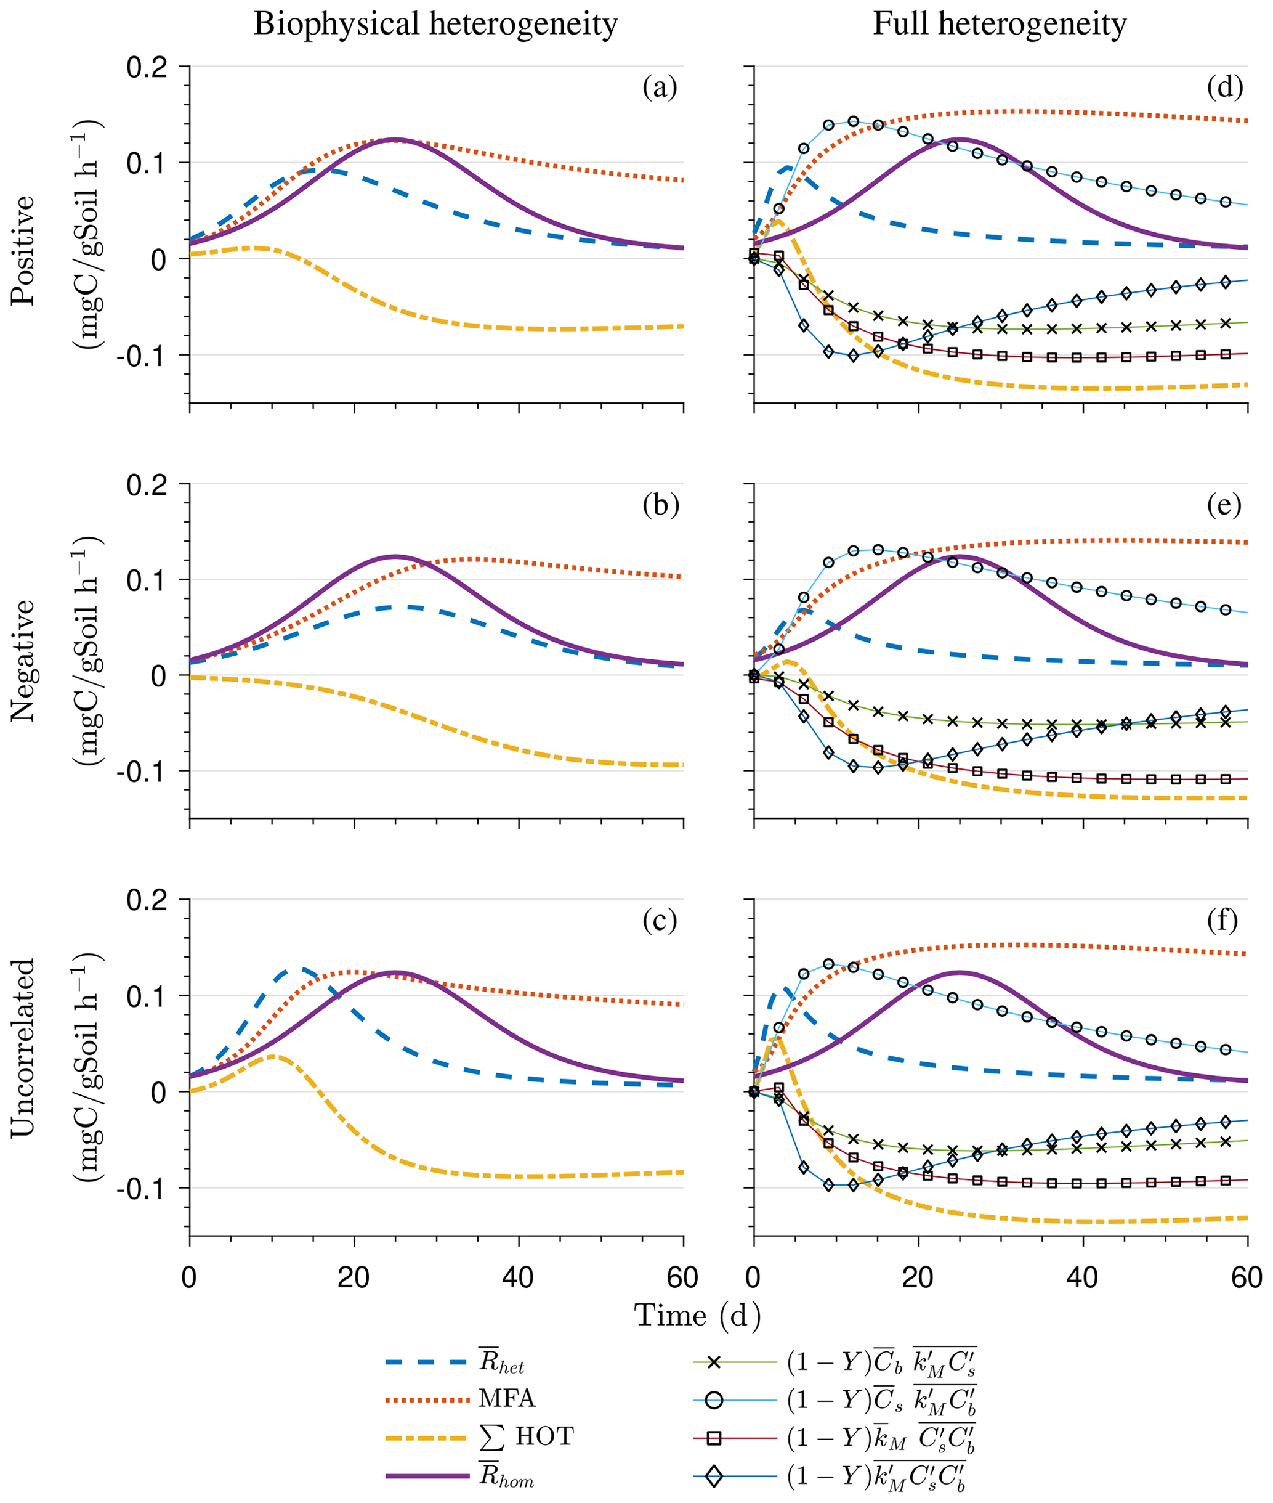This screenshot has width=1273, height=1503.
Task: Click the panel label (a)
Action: tap(660, 88)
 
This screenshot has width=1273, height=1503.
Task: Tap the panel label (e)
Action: tap(1224, 505)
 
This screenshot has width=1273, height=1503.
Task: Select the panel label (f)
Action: tap(1222, 921)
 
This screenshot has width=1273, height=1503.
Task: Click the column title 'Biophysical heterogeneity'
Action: tap(435, 25)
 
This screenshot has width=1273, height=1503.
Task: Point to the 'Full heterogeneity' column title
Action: tap(1000, 25)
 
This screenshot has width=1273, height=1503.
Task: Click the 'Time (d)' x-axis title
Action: tap(697, 1315)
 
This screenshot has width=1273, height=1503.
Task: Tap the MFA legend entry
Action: tap(507, 1399)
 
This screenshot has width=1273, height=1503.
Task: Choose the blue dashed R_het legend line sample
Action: tap(427, 1363)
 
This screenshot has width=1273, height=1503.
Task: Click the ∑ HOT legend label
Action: tap(526, 1437)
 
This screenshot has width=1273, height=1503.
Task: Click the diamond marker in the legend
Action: tap(714, 1477)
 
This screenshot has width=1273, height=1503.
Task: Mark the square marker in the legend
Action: tap(714, 1440)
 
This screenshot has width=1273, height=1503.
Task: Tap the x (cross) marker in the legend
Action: tap(714, 1363)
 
